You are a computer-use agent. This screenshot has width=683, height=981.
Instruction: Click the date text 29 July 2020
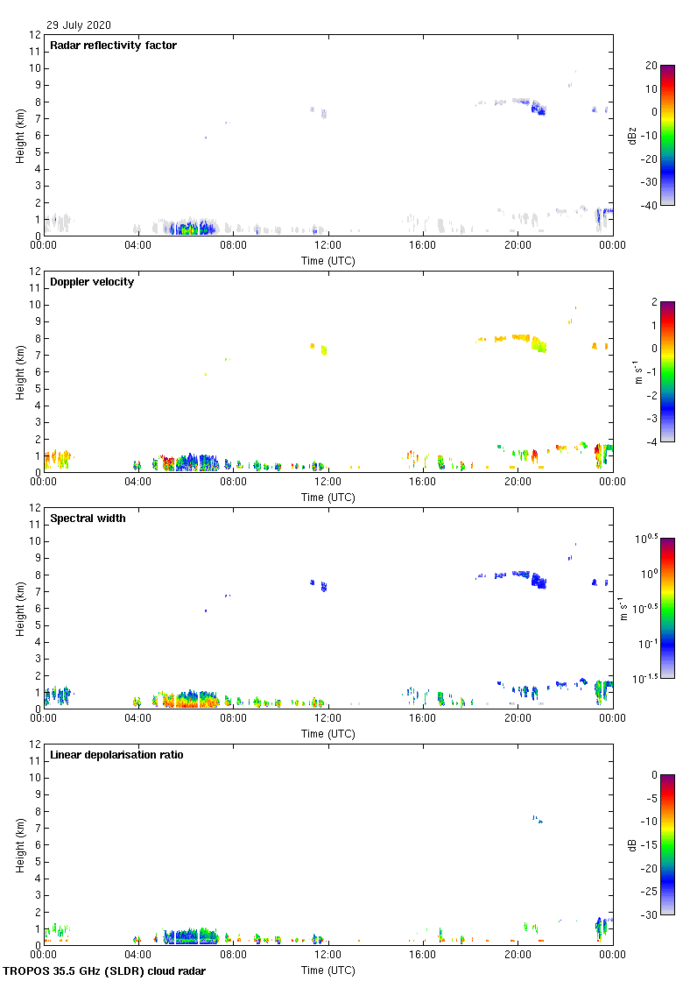(79, 25)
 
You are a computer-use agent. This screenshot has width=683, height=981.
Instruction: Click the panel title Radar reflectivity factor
(114, 46)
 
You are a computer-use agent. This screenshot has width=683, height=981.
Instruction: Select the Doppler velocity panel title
(92, 282)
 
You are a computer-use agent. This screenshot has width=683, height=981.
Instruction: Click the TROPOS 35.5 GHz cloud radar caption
(105, 971)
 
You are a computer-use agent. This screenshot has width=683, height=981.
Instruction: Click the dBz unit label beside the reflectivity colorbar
(634, 135)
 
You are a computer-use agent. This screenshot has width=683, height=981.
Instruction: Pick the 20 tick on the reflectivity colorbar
(651, 66)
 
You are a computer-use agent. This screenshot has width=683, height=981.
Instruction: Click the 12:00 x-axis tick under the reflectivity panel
(328, 245)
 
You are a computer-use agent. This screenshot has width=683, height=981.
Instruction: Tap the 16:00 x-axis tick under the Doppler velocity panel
(423, 482)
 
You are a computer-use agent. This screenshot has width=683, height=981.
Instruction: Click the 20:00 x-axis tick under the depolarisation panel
(518, 955)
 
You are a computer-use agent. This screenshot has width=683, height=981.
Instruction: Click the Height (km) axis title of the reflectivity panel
(19, 135)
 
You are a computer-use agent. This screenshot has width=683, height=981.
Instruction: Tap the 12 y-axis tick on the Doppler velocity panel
(36, 272)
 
